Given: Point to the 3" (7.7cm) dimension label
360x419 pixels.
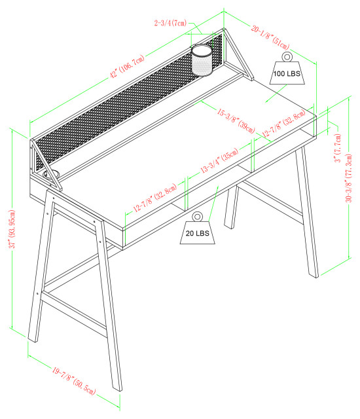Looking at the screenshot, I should point(336,149).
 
